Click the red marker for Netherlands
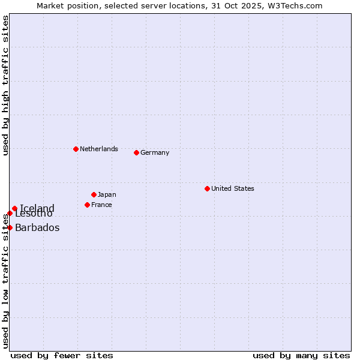pos(76,149)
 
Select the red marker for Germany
pos(136,152)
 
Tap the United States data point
pos(207,188)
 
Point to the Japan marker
pos(94,194)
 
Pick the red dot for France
pos(87,205)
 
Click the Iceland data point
pos(14,209)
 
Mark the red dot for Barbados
pos(10,227)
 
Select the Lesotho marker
pos(10,213)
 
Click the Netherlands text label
pos(99,149)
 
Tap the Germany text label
pos(155,152)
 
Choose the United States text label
pos(233,188)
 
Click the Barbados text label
pos(37,227)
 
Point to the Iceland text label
pos(37,209)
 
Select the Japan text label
pos(107,194)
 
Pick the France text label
pos(101,205)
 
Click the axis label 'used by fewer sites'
pos(62,355)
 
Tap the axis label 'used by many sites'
pos(301,355)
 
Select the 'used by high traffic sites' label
pos(5,85)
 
